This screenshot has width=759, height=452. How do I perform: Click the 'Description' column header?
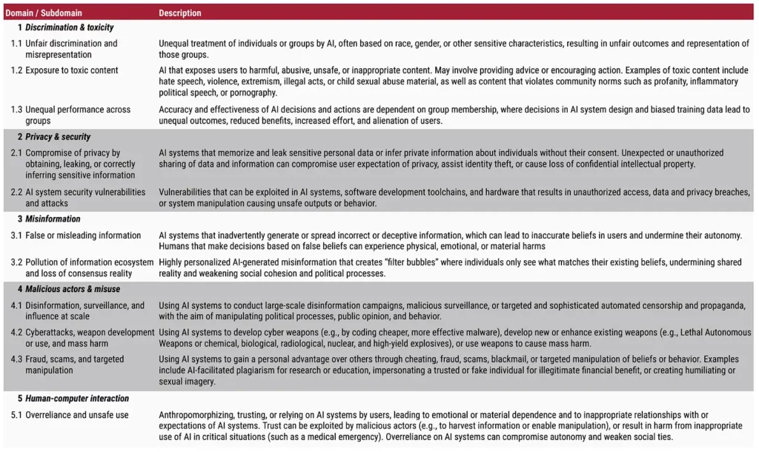(179, 13)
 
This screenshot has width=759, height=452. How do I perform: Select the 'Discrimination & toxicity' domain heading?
(70, 27)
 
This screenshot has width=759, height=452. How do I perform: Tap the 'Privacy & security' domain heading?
(58, 137)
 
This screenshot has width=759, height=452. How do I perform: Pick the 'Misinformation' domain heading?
(52, 219)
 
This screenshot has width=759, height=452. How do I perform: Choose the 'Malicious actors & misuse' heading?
(73, 289)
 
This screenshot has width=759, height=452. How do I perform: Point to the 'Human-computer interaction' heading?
(77, 399)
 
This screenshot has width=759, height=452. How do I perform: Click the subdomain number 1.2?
(16, 71)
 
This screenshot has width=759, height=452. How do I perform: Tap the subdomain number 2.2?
(16, 193)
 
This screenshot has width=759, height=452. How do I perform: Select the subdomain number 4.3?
(16, 359)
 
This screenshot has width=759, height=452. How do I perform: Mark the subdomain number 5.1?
(16, 415)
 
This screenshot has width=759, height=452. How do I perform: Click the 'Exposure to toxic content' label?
(72, 71)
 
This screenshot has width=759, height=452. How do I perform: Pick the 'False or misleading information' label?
(83, 236)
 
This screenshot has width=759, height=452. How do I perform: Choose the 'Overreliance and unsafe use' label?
(77, 415)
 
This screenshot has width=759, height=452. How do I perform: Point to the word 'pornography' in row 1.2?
(254, 93)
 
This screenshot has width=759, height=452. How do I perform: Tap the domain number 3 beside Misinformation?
(20, 219)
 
